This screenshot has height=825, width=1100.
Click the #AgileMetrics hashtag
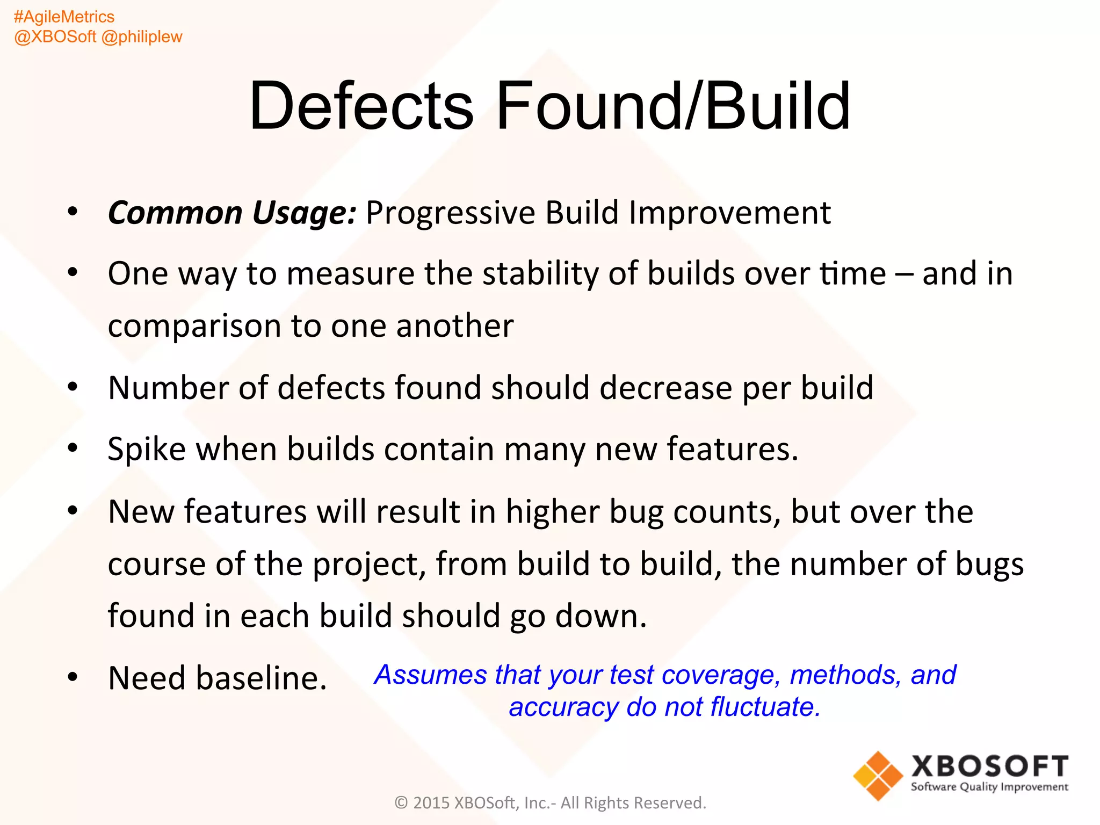(64, 17)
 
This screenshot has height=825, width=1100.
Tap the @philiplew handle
(142, 37)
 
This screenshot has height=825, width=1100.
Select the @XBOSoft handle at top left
(55, 37)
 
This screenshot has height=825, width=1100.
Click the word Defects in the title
(361, 106)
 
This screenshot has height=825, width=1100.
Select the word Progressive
(450, 213)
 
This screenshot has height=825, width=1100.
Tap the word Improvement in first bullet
(730, 213)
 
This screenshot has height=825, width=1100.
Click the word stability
(540, 274)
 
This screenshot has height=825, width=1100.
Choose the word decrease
(665, 388)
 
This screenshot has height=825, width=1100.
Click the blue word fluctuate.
(765, 707)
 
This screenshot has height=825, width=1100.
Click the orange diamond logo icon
(878, 776)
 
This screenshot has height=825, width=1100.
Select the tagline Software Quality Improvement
(989, 787)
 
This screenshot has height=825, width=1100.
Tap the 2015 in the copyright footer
(431, 803)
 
